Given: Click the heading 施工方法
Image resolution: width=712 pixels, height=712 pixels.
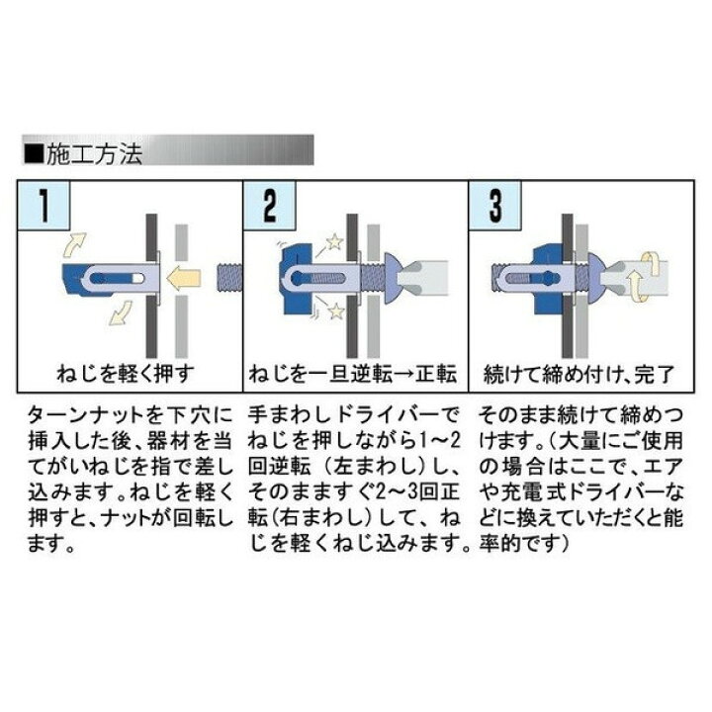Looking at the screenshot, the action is pos(95,154).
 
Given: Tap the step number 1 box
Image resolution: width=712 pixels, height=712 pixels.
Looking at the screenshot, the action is pos(44,205).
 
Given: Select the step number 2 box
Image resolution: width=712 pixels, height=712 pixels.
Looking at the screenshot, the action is pos(269,205).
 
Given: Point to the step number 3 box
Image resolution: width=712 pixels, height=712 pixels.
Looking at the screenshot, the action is pos(495,205).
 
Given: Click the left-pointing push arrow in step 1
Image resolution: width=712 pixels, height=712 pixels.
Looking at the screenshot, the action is pos(183,278).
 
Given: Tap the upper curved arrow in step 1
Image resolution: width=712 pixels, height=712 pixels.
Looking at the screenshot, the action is pos(74,245).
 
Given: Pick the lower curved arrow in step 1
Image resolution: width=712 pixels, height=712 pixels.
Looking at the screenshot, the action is pos(120,313).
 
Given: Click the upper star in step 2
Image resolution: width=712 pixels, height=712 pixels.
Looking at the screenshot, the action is pos(334,241).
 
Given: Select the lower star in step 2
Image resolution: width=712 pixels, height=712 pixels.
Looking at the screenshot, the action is pos(335,311).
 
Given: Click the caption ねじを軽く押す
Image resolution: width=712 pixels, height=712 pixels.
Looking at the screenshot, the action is pos(126,374).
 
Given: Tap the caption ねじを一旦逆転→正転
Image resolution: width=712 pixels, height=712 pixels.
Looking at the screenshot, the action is pos(352,374).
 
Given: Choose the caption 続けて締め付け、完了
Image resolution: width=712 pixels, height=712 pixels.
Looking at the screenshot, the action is pos(578,374).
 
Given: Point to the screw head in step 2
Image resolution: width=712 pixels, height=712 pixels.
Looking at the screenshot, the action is pos(393,278).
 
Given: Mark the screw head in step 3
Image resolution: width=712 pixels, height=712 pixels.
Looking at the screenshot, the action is pos(594,278).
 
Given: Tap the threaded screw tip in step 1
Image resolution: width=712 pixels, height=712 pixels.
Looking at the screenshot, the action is pos(229,278).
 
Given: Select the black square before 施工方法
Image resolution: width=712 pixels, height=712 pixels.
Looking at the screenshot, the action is pos(35,154).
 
